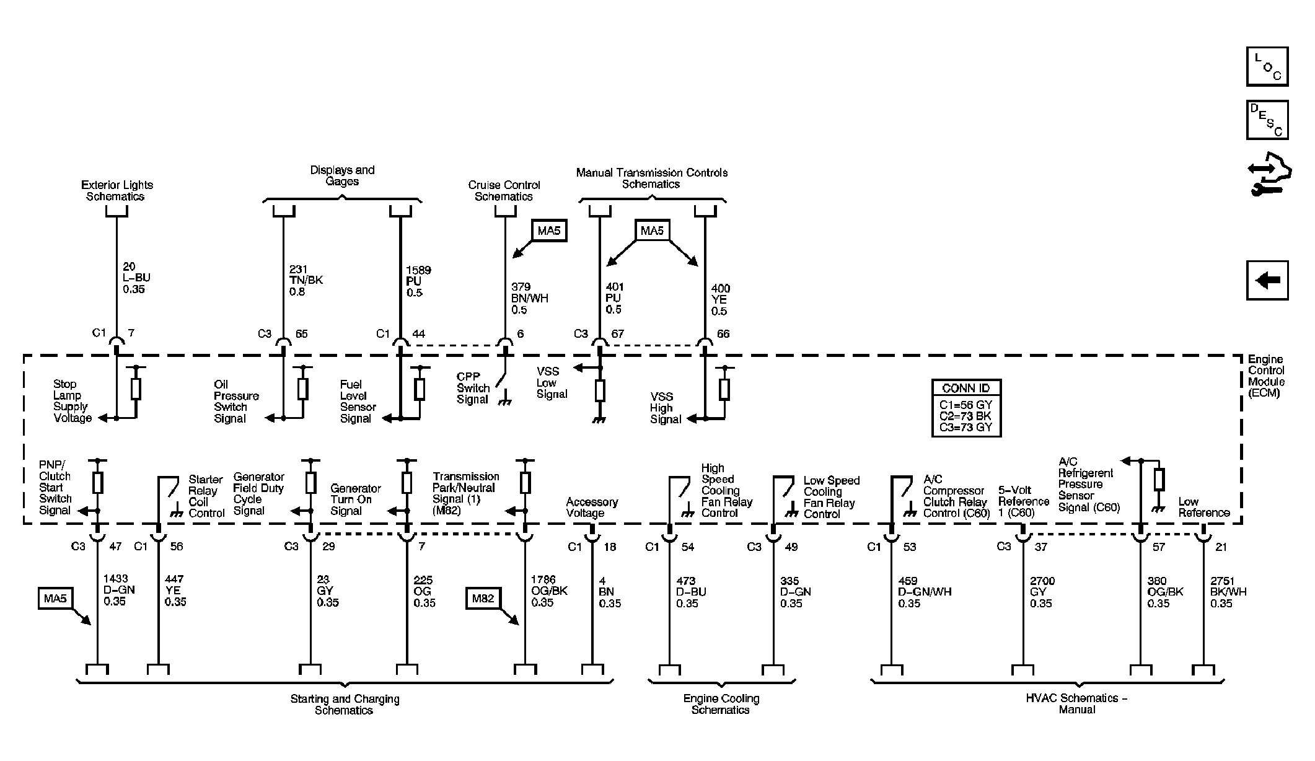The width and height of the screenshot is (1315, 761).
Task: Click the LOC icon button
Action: pos(1267,66)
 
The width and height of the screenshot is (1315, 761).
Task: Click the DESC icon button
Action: pos(1267,120)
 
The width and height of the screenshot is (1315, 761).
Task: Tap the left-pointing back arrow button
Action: pos(1267,280)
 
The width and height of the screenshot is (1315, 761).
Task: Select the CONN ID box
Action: pos(966,408)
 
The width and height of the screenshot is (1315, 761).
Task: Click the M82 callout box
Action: pos(483,599)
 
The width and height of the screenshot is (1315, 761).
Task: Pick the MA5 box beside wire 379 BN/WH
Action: pos(549,231)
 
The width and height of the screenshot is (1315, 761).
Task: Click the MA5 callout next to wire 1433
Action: pos(55,599)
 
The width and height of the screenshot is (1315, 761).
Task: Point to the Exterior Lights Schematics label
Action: pos(117,191)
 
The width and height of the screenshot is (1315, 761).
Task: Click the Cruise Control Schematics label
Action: pos(504,191)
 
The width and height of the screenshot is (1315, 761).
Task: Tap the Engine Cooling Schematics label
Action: pos(721,704)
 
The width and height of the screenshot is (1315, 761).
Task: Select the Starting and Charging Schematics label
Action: pos(345,705)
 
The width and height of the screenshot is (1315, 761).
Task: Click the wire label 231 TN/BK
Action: pos(306,281)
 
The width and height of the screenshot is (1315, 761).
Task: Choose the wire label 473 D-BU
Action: pos(691,592)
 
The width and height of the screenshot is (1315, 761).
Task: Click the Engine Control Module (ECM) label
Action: pos(1267,376)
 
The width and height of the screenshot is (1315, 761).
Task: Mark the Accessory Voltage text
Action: pos(592,508)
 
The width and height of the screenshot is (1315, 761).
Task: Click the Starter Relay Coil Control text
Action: pos(206,496)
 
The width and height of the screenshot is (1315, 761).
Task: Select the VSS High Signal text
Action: pos(666,408)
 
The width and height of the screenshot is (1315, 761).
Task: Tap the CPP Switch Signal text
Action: pos(473,389)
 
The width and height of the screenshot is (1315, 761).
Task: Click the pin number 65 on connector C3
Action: pos(301,333)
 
